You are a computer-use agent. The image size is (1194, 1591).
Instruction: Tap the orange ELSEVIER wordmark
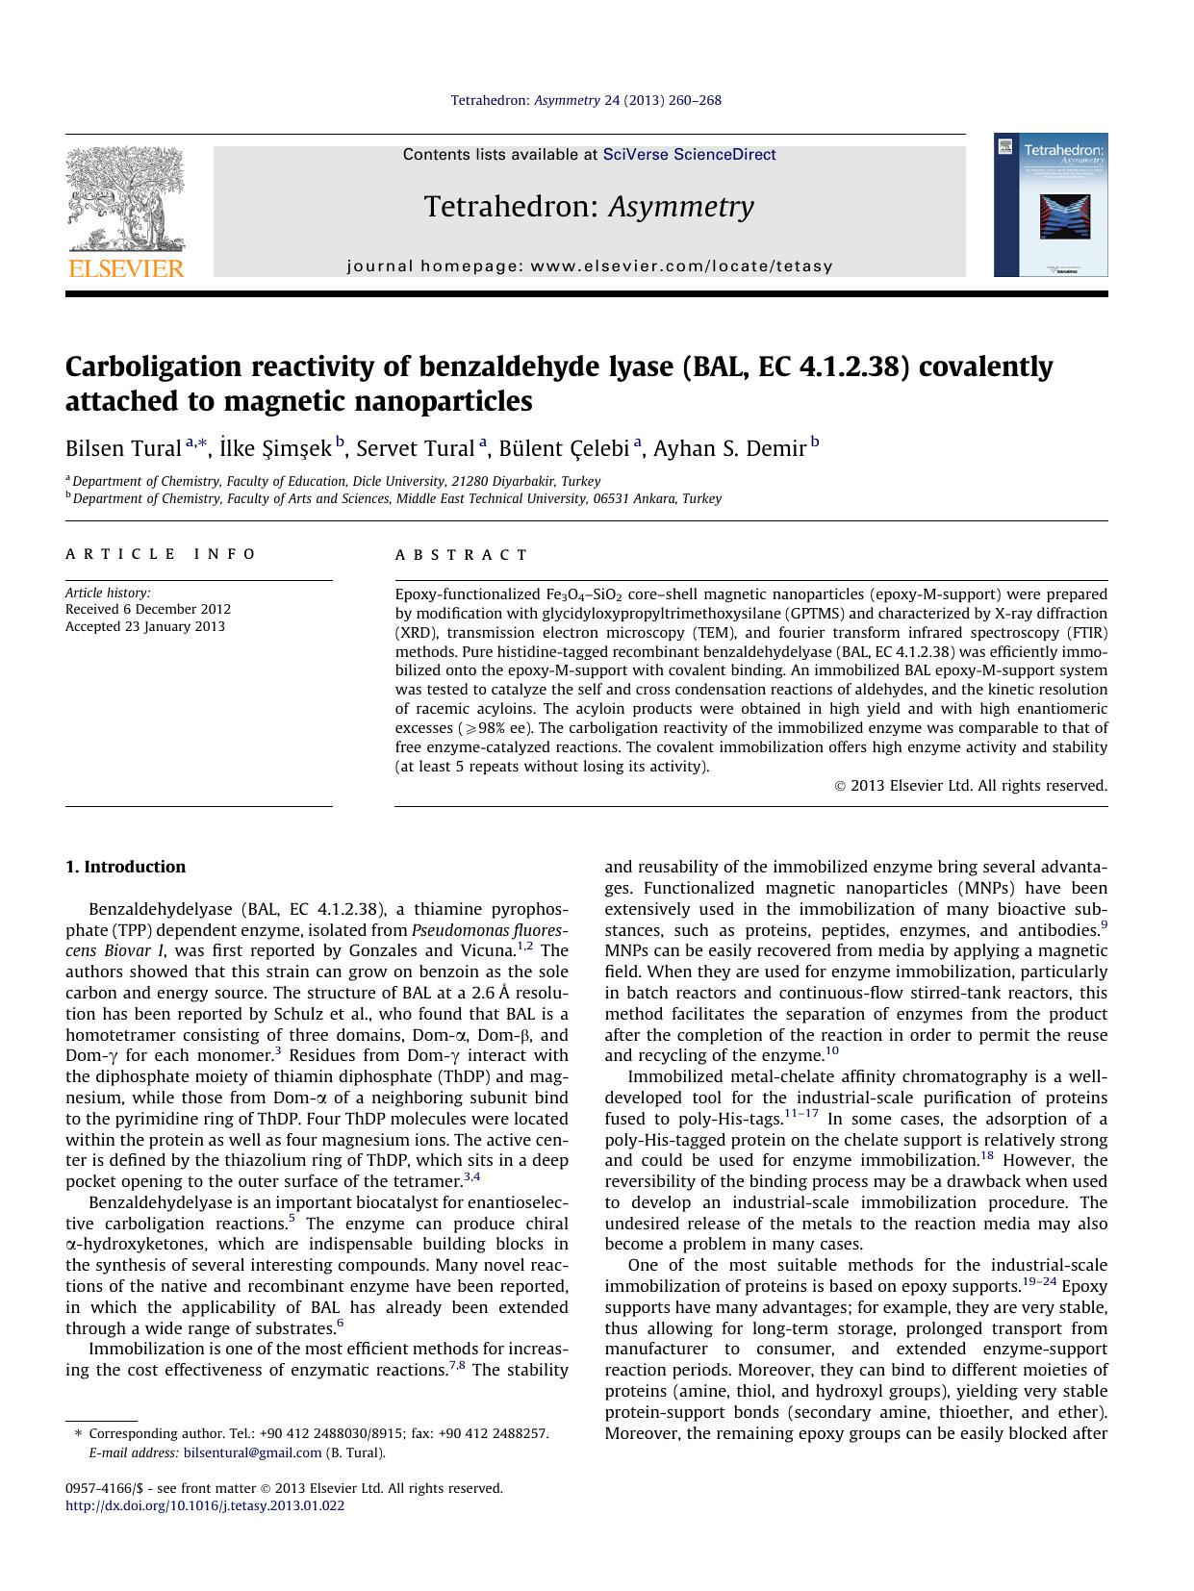pos(125,268)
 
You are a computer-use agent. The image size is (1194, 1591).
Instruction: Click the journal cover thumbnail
pos(1051,205)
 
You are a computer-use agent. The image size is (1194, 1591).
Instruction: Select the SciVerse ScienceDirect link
pos(689,155)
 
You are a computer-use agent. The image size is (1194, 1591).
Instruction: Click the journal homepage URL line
pos(590,266)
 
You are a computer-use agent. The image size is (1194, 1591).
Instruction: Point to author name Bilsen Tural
pos(123,448)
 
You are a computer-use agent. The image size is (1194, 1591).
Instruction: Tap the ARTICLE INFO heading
pos(161,554)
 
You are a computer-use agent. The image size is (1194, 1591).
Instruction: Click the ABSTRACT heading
pos(462,555)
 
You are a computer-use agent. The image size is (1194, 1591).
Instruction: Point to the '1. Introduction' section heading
pos(125,867)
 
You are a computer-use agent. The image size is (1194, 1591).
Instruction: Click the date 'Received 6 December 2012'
pos(148,609)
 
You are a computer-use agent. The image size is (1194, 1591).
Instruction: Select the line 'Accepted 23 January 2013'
pos(145,626)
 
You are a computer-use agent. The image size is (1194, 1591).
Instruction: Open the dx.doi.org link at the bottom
pos(204,1506)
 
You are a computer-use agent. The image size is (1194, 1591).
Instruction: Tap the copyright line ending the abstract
pos(970,786)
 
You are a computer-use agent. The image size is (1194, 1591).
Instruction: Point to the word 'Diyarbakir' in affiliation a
pos(523,481)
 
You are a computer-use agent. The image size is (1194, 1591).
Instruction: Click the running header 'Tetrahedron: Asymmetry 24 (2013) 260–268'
pos(586,100)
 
